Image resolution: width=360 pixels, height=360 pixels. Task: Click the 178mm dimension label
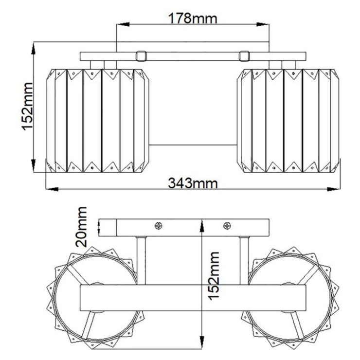(192, 18)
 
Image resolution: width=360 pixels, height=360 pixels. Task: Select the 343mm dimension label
(193, 183)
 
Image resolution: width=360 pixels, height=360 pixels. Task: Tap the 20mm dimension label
(82, 227)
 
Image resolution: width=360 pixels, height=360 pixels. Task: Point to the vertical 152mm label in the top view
(28, 107)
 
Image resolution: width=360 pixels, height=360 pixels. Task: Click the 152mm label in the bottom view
(214, 276)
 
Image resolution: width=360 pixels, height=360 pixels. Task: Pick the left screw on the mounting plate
(159, 226)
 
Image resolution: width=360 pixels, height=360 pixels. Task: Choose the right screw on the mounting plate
(227, 226)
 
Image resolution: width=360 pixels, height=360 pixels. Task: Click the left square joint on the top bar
(141, 56)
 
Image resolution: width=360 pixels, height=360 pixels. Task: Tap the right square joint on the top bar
(244, 56)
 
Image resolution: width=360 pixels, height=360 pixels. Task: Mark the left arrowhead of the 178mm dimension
(123, 24)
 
